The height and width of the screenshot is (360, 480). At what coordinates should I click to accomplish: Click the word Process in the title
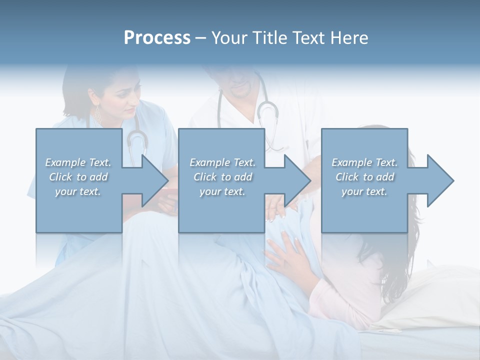tap(157, 38)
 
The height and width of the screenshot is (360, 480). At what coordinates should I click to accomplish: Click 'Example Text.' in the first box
tap(78, 162)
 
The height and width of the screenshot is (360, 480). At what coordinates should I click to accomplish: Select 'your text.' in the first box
tap(78, 191)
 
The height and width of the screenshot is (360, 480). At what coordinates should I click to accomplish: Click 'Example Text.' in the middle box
tap(222, 162)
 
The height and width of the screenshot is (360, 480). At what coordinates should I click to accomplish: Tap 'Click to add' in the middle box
tap(222, 177)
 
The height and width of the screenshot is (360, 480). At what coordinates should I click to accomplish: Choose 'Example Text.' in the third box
tap(364, 162)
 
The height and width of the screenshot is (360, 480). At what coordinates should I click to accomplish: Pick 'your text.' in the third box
tap(364, 191)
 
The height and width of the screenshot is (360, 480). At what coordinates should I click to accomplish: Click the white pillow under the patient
tap(435, 295)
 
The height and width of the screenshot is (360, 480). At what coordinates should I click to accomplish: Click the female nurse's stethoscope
tap(136, 140)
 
